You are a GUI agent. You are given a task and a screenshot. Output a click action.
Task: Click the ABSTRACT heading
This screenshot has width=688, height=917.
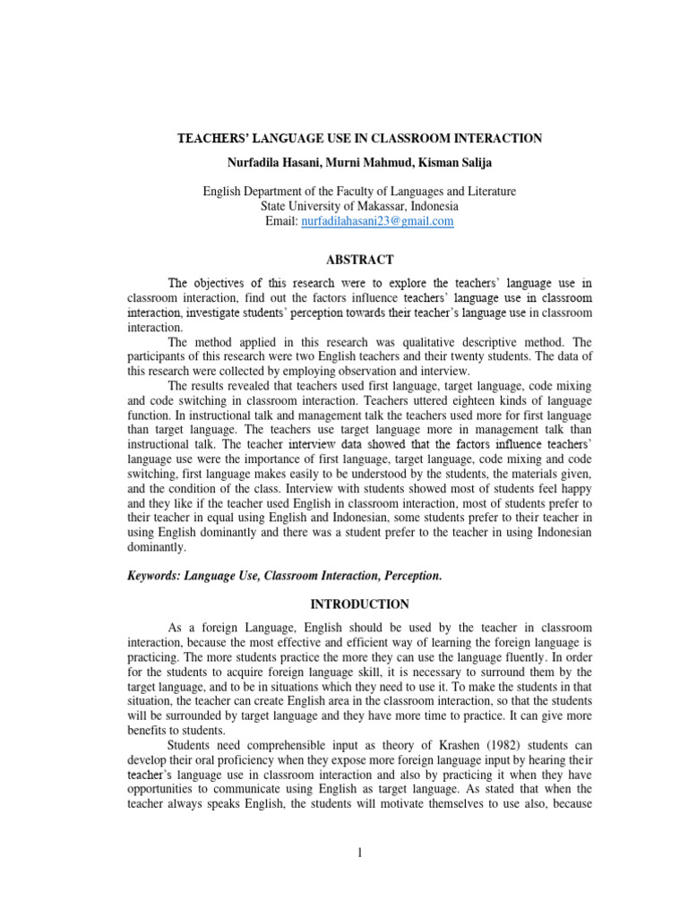(x=359, y=260)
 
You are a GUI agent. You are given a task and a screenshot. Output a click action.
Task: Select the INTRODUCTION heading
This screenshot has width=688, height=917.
(x=359, y=604)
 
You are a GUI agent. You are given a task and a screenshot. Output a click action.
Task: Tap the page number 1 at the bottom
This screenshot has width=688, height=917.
(x=359, y=853)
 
